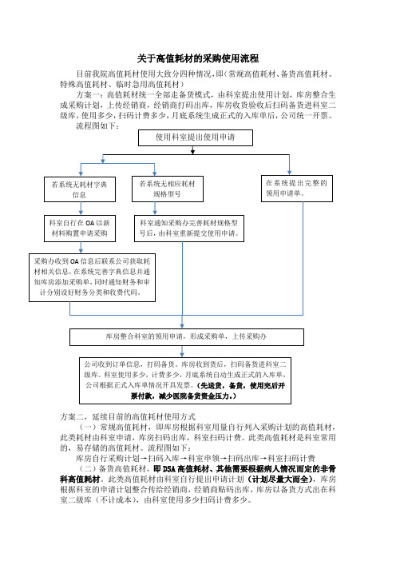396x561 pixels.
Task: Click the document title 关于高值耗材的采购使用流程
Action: (x=198, y=58)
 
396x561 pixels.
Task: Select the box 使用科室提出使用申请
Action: (x=196, y=137)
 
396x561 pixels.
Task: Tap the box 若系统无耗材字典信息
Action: (x=80, y=189)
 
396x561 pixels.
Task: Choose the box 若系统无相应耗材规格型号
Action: (x=168, y=189)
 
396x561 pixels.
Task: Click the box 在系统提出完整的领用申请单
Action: (x=297, y=189)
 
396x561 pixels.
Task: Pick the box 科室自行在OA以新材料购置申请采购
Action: (x=80, y=229)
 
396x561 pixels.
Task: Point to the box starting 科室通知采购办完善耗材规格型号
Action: (x=189, y=229)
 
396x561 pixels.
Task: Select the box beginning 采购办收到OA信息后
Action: (x=92, y=277)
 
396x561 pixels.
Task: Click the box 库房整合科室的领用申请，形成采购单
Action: (x=187, y=337)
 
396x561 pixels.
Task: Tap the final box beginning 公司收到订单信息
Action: (x=185, y=380)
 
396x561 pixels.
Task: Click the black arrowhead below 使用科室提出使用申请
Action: (x=192, y=152)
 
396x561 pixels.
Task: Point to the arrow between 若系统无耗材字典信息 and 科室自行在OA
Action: (x=81, y=209)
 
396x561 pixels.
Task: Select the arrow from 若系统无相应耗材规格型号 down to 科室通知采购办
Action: (x=155, y=209)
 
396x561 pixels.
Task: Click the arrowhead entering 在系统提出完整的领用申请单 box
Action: (x=289, y=173)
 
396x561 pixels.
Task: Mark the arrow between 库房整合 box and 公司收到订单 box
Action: (x=182, y=352)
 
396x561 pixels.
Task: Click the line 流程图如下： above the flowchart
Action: (x=97, y=126)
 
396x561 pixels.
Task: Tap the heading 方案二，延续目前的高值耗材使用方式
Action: (x=128, y=417)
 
